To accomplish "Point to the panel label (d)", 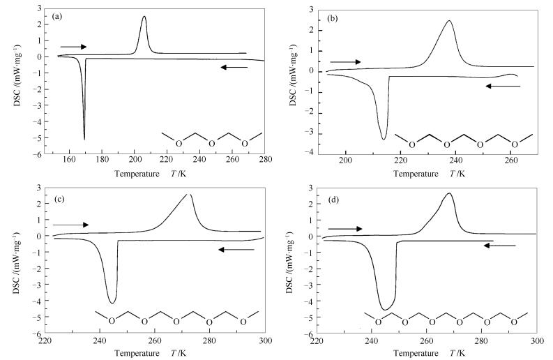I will coord(336,200).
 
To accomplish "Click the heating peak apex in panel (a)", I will coord(144,17).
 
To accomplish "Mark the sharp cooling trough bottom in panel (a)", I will coord(84,139).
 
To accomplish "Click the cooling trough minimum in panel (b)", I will coord(384,140).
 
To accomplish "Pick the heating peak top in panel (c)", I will coord(189,195).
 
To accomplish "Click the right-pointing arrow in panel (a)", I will coord(73,47).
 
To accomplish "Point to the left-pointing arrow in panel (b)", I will coord(503,86).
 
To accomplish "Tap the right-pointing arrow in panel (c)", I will coord(70,225).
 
